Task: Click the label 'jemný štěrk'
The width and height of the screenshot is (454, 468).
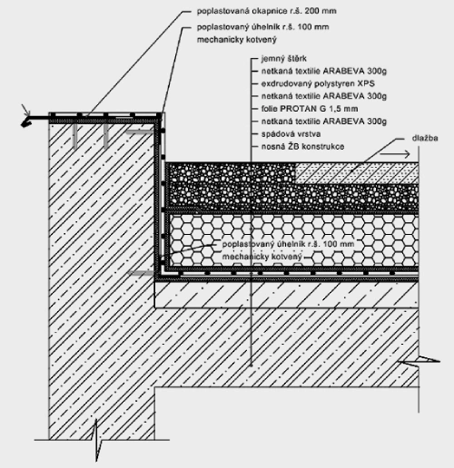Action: click(x=283, y=59)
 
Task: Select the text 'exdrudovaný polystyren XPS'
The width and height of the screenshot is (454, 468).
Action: click(x=318, y=83)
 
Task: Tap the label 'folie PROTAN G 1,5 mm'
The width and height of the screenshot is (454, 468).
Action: click(x=310, y=109)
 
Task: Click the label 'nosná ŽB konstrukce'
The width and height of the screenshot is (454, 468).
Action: click(x=302, y=147)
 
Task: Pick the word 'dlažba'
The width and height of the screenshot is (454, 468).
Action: click(x=425, y=138)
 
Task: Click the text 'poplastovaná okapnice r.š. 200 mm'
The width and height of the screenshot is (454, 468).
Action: click(x=267, y=11)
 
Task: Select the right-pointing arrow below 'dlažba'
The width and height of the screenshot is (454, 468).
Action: click(x=395, y=154)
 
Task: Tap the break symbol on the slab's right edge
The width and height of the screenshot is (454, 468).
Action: click(x=419, y=361)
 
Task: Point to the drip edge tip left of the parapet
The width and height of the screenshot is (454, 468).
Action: click(x=24, y=123)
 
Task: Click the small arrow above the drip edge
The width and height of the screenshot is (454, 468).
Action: click(x=26, y=110)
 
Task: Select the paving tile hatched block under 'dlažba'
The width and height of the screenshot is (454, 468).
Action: click(x=357, y=173)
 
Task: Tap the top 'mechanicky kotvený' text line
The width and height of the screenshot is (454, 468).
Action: click(x=237, y=40)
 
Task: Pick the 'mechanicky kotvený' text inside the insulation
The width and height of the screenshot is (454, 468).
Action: click(x=262, y=257)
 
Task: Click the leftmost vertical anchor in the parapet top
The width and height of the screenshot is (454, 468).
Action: click(x=74, y=136)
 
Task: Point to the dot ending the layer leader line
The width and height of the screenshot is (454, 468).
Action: click(x=251, y=366)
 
